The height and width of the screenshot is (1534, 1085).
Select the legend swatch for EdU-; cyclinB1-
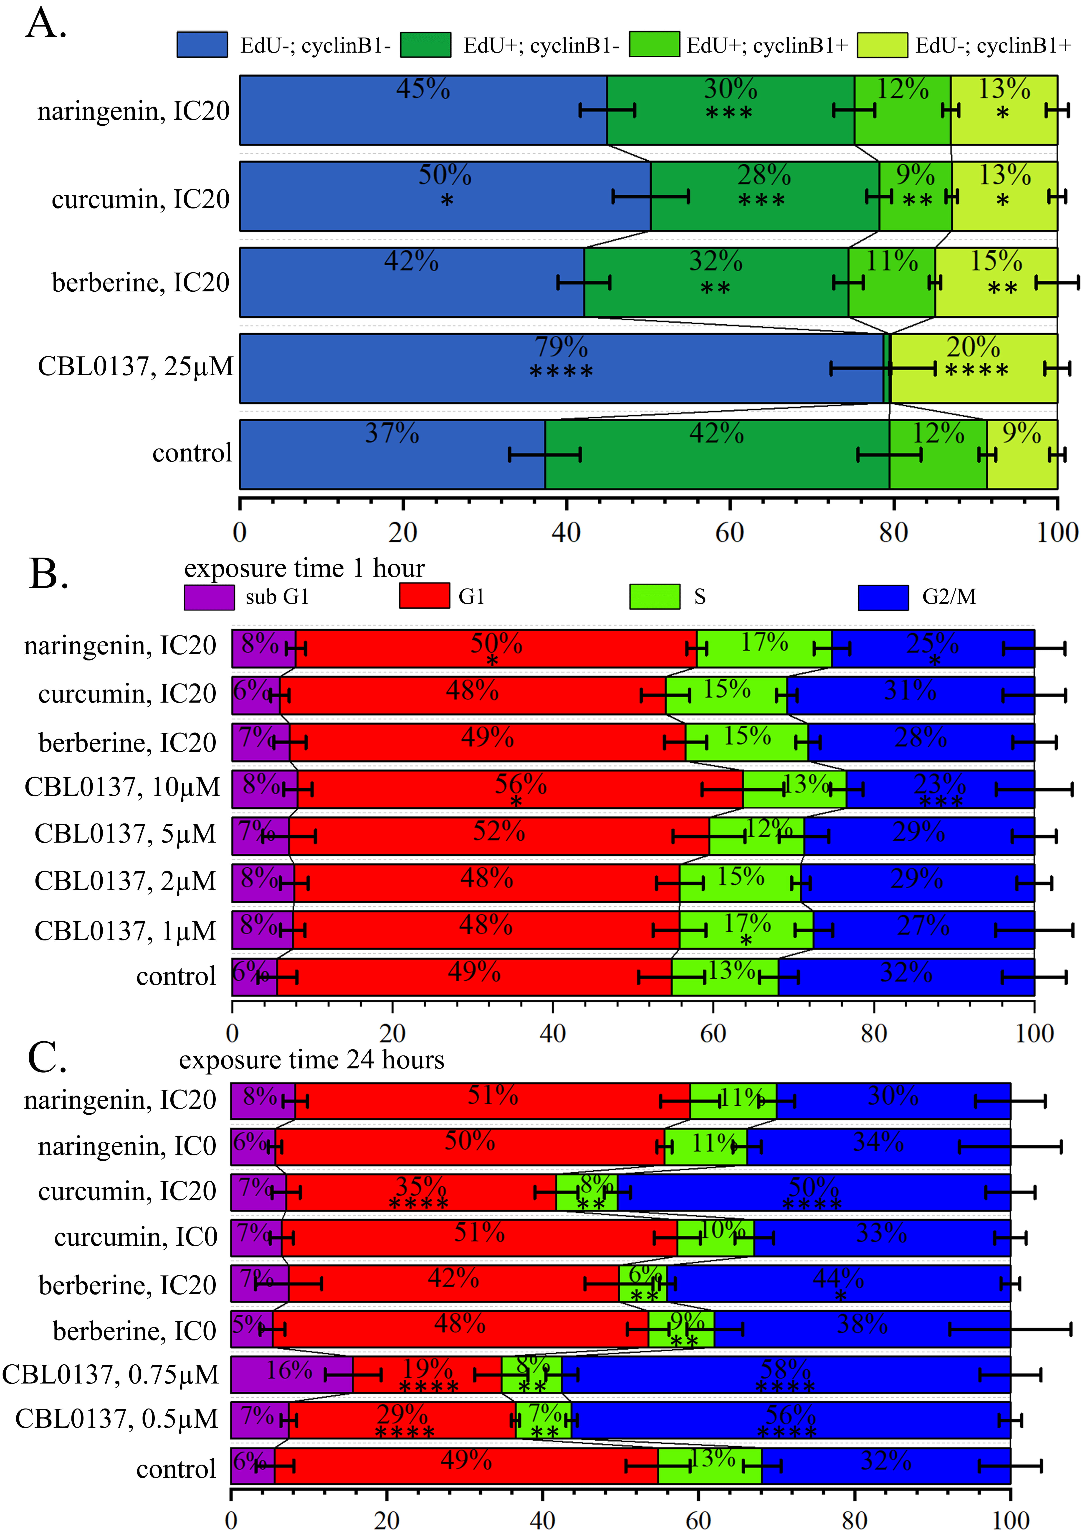202,45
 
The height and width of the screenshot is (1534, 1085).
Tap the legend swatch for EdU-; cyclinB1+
882,45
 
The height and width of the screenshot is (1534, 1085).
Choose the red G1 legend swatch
424,596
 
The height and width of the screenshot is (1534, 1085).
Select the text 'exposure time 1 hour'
304,568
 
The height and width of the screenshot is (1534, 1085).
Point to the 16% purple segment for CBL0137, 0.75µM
291,1375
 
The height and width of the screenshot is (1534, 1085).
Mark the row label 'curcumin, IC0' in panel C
136,1237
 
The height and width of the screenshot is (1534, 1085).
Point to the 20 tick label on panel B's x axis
392,1033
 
